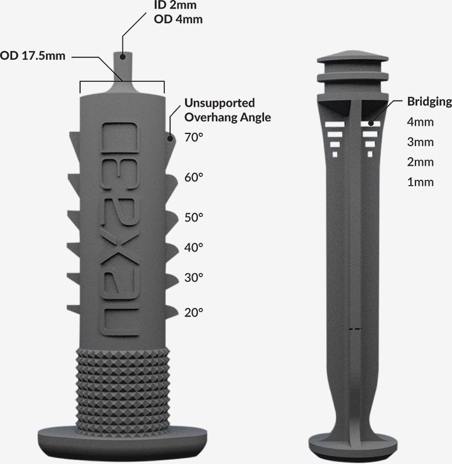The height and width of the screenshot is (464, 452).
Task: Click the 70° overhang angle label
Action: [194, 137]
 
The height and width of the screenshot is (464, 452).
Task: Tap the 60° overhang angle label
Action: [194, 177]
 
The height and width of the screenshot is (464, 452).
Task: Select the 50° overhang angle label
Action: [194, 217]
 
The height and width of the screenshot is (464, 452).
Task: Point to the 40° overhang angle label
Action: [194, 248]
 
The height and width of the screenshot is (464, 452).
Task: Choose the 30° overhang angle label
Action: [194, 278]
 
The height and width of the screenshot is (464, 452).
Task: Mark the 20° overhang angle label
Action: [194, 313]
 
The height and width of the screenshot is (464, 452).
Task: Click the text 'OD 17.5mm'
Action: [32, 56]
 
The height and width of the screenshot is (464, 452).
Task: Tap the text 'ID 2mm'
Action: [175, 5]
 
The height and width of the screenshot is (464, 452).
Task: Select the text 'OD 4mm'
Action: [178, 19]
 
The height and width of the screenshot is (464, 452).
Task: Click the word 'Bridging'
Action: [429, 101]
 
